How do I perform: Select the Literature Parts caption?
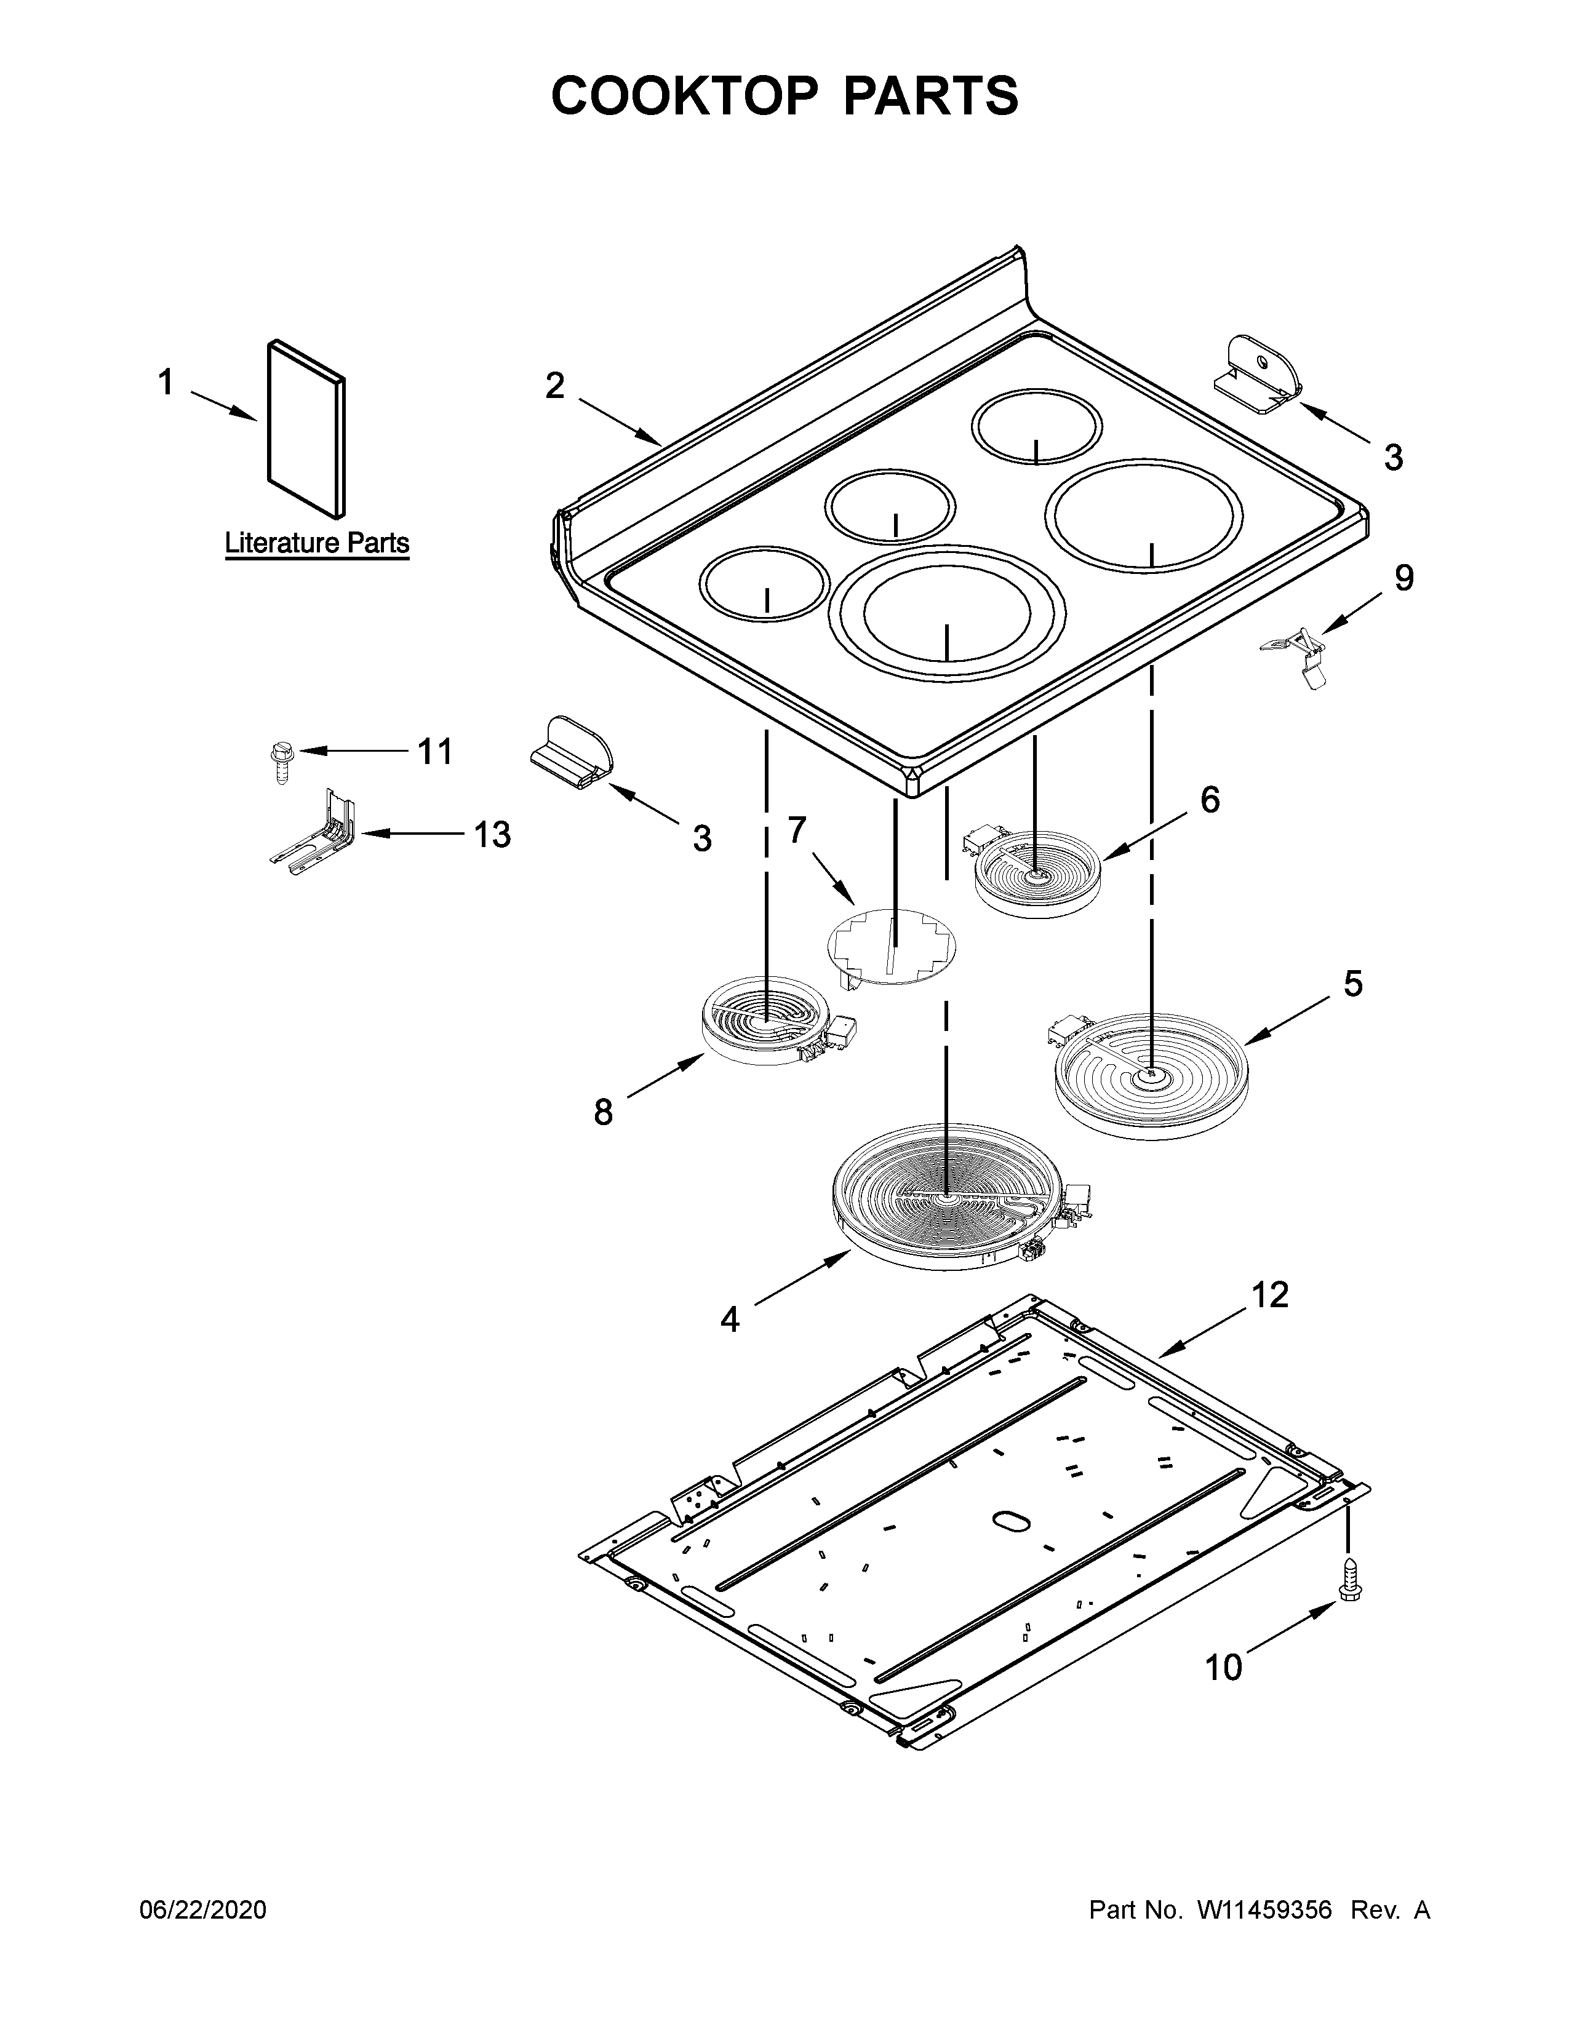click(317, 543)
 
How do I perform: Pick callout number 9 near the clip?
click(1403, 578)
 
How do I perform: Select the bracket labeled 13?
click(316, 833)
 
